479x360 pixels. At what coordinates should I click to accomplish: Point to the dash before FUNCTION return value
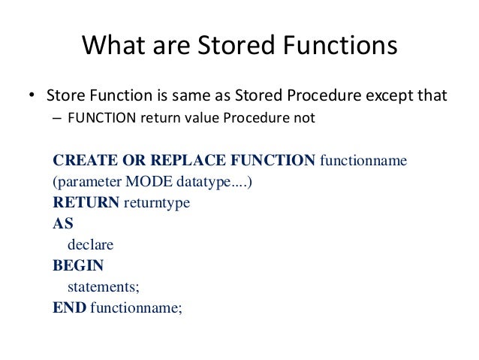click(58, 117)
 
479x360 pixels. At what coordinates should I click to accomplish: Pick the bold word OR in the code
click(128, 161)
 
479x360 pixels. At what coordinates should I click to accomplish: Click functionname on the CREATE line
click(363, 161)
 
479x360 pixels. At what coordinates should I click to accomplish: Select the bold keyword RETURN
click(86, 203)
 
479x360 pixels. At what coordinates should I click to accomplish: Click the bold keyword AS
click(63, 224)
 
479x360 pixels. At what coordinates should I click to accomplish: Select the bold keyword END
click(69, 307)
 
